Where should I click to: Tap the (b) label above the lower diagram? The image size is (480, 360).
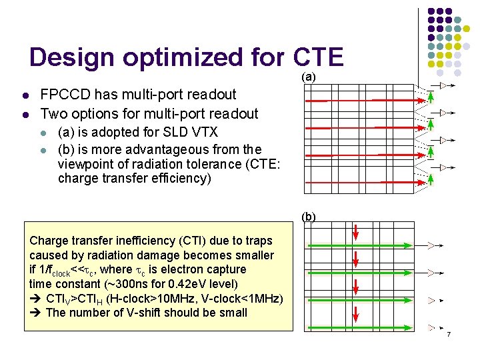309,217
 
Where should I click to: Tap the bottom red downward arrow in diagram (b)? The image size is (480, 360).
356,314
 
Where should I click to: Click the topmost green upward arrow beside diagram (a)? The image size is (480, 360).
431,98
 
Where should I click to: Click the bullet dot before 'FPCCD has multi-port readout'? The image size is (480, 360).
24,95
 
